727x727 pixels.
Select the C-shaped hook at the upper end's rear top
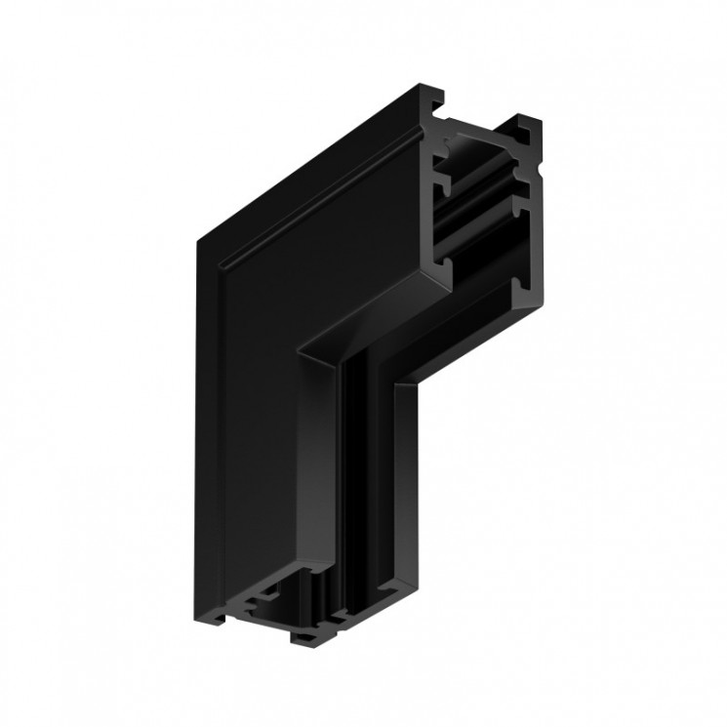click(x=530, y=127)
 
